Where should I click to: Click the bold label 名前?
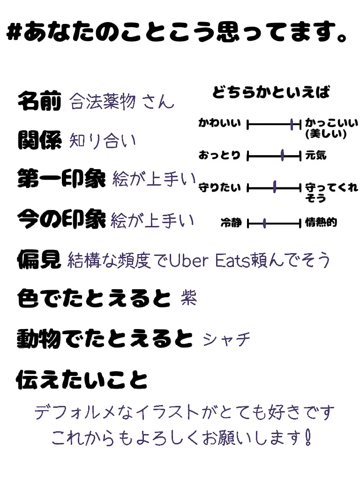click(x=39, y=100)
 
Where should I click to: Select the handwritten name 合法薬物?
click(x=103, y=101)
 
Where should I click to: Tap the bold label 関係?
click(x=39, y=140)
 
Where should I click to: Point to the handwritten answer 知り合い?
click(x=102, y=140)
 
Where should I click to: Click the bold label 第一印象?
click(x=61, y=179)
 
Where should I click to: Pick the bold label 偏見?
click(x=39, y=259)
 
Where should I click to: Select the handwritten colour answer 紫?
click(x=188, y=298)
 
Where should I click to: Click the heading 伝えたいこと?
click(x=82, y=379)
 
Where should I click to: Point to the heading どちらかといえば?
click(x=271, y=92)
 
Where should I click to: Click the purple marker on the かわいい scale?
click(x=292, y=124)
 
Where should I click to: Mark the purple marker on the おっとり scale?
click(x=283, y=156)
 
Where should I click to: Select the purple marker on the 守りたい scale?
click(x=275, y=188)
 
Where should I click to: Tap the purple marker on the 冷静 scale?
click(x=265, y=223)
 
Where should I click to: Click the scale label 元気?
click(x=315, y=155)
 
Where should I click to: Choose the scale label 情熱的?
click(x=321, y=223)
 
